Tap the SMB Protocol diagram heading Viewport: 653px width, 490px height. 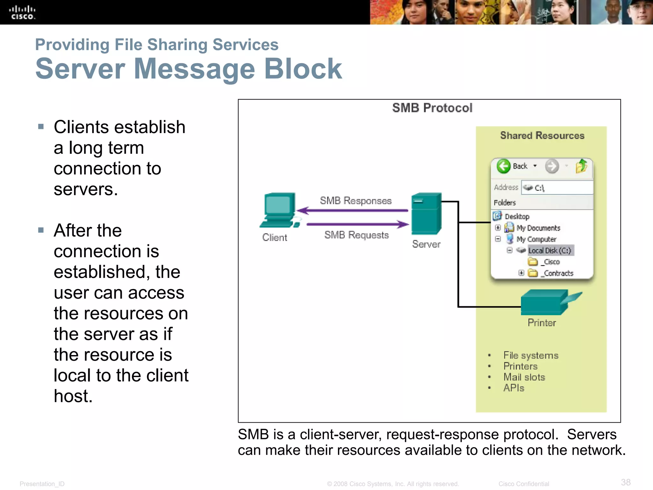[x=432, y=108]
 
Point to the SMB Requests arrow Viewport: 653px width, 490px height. [x=357, y=224]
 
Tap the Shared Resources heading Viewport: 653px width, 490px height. [x=542, y=136]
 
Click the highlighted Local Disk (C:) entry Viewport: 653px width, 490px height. [x=550, y=250]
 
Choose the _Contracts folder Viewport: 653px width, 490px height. [x=558, y=273]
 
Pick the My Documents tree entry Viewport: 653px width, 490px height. [x=538, y=228]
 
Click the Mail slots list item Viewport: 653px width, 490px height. [x=524, y=377]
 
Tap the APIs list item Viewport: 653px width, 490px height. [x=514, y=388]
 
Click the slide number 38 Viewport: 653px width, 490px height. [x=626, y=482]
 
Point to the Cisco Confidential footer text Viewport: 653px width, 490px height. [x=524, y=484]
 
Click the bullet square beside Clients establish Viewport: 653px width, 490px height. [x=41, y=127]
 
